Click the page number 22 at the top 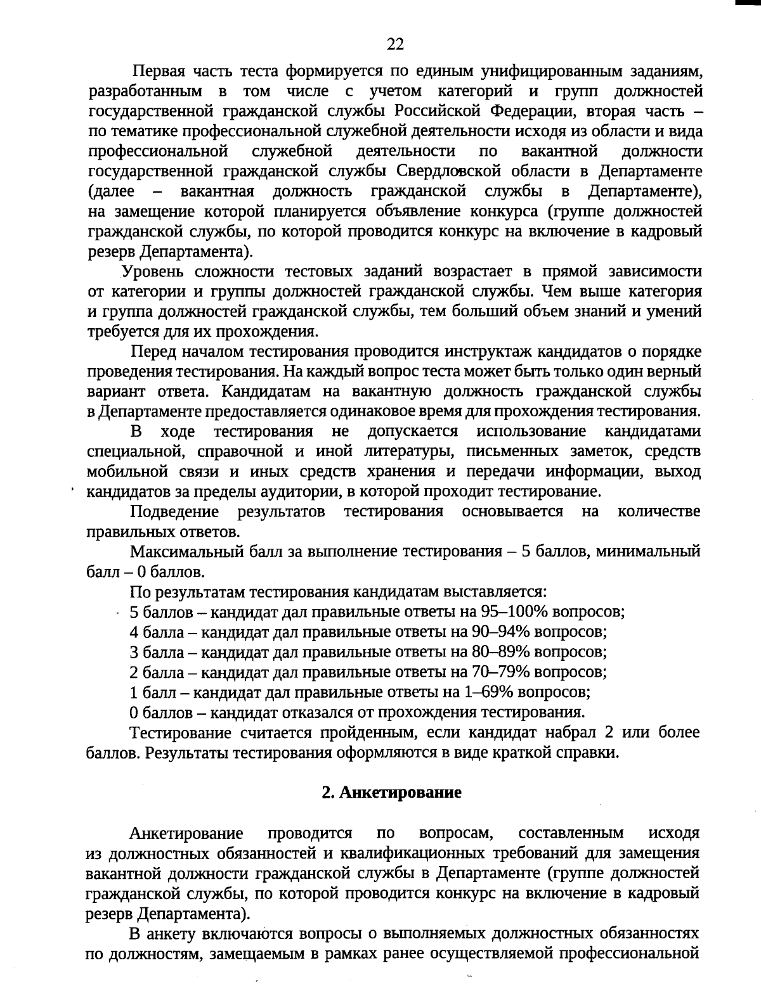pyautogui.click(x=394, y=44)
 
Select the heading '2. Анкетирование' pyautogui.click(x=391, y=793)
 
